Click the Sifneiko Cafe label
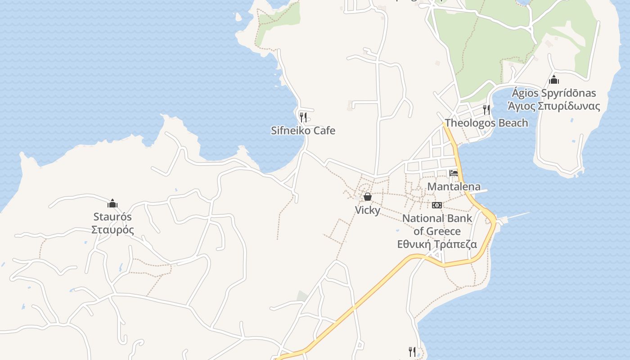pos(303,131)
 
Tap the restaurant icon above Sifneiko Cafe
pos(303,117)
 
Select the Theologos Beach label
pos(486,123)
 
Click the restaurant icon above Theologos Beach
pos(486,109)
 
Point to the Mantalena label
pos(454,187)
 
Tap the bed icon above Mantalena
pos(454,173)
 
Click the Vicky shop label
pos(368,210)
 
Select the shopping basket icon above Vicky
pos(368,197)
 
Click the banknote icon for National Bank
pos(437,205)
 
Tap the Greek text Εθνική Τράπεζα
pos(437,245)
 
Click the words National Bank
pos(437,219)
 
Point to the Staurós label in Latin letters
pos(112,217)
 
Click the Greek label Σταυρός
pos(112,230)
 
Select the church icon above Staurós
pos(112,203)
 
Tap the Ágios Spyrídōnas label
pos(553,94)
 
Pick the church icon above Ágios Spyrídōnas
pos(554,80)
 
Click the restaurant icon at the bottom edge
pos(412,351)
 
